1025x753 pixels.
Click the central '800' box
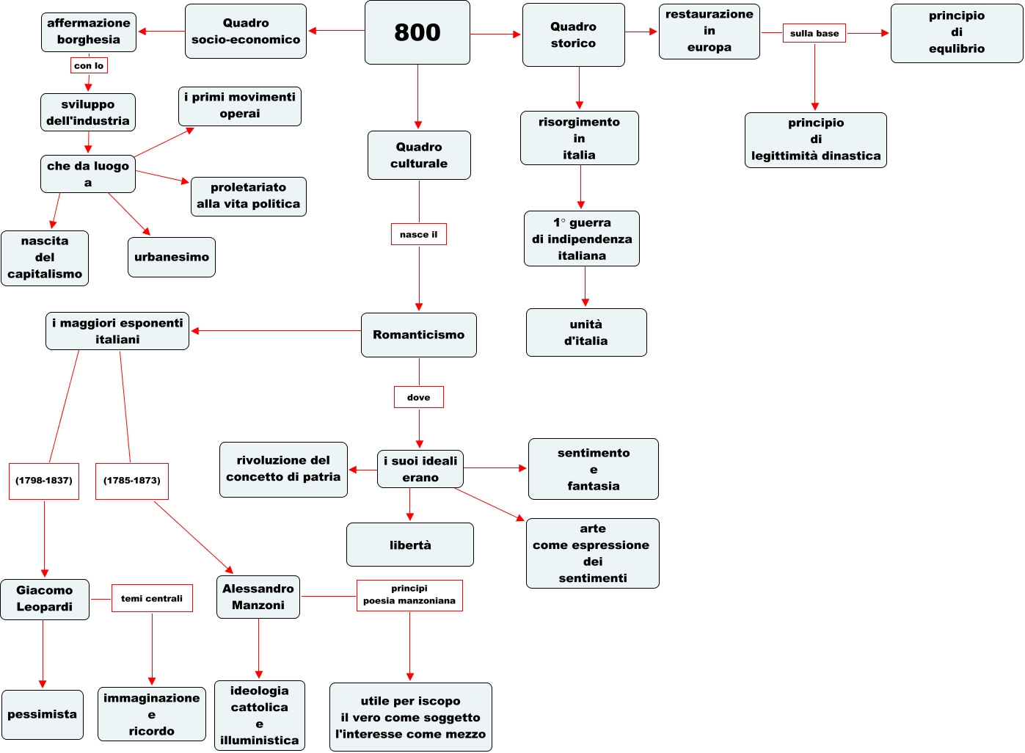(x=417, y=32)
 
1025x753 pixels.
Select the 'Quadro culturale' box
(x=419, y=155)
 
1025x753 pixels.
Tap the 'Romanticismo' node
(x=418, y=335)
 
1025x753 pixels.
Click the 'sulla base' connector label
(x=814, y=33)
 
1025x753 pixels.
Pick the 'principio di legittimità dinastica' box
(x=815, y=139)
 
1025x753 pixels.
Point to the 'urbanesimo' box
(x=172, y=257)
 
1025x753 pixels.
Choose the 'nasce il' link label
(x=418, y=234)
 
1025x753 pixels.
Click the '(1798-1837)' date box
(x=44, y=481)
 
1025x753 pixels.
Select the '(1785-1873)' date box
(x=132, y=481)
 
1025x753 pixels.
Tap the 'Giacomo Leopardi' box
(x=45, y=599)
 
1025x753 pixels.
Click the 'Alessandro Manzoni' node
(x=258, y=597)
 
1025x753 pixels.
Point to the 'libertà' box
(x=410, y=545)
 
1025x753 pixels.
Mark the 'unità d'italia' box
(x=586, y=332)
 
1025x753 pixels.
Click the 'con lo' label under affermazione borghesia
(x=89, y=65)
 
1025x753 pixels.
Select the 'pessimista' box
(x=43, y=715)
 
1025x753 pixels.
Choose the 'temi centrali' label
(x=152, y=598)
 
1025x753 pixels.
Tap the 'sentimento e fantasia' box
(x=593, y=469)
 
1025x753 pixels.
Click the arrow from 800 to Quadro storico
(x=496, y=34)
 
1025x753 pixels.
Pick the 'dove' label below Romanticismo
(x=419, y=397)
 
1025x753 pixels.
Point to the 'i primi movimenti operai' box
(x=240, y=106)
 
